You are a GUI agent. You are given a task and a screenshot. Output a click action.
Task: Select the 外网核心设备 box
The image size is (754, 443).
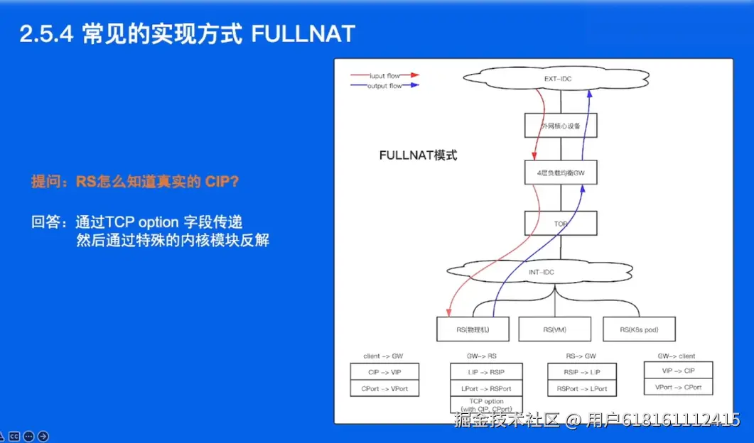561,126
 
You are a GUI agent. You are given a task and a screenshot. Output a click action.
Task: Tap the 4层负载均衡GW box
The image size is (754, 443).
561,173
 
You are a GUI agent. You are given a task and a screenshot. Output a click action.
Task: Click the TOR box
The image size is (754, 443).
561,223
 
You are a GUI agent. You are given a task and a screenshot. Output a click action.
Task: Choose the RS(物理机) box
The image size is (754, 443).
473,329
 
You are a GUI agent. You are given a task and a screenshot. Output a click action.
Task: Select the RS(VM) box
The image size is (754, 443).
554,329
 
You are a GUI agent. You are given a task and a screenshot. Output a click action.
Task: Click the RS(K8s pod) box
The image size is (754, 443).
639,329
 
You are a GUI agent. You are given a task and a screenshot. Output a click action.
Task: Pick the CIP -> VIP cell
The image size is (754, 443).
384,371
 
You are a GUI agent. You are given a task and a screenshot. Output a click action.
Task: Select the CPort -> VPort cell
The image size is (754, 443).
384,388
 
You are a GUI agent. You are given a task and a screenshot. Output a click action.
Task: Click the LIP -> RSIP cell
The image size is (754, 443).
486,371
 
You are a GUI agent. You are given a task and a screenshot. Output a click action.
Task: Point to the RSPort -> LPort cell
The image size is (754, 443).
582,388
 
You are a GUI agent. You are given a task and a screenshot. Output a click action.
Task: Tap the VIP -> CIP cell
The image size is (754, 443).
679,371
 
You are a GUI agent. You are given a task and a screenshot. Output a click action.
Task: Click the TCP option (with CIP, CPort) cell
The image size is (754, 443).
486,405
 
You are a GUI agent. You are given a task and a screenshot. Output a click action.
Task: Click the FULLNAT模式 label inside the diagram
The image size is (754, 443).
418,155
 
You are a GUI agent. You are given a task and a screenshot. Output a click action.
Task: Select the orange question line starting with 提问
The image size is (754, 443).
135,181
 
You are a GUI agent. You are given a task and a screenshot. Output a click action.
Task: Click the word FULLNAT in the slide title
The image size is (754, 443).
303,33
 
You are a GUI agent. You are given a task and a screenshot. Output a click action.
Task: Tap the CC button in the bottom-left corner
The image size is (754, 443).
14,436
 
